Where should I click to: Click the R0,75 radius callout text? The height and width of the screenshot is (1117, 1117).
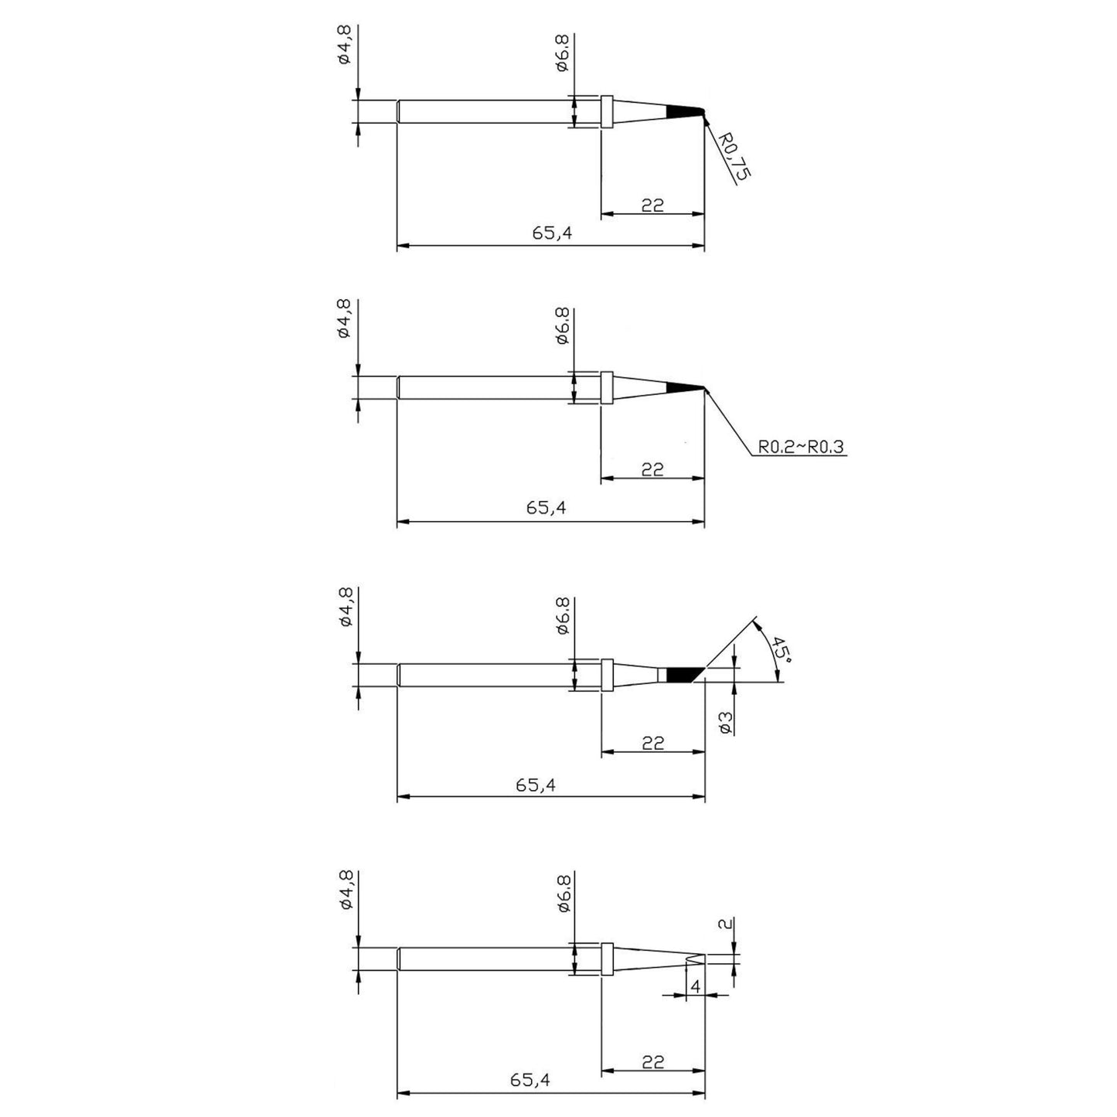tap(734, 156)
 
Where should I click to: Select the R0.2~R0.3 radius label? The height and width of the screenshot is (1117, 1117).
tap(801, 447)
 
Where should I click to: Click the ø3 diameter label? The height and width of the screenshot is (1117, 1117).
tap(726, 723)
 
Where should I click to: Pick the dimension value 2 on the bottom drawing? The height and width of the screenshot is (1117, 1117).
tap(727, 924)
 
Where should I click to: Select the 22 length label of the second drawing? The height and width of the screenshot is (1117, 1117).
tap(652, 469)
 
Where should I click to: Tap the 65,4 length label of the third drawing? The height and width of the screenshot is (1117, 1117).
tap(536, 785)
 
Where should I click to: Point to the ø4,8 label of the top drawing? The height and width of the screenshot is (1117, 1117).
tap(345, 43)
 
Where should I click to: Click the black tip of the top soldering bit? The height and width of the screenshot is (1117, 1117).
tap(686, 111)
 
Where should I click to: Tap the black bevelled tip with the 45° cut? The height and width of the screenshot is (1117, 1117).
tap(684, 676)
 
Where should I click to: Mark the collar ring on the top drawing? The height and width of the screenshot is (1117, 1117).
tap(607, 111)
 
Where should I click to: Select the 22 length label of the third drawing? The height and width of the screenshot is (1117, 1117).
tap(653, 743)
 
